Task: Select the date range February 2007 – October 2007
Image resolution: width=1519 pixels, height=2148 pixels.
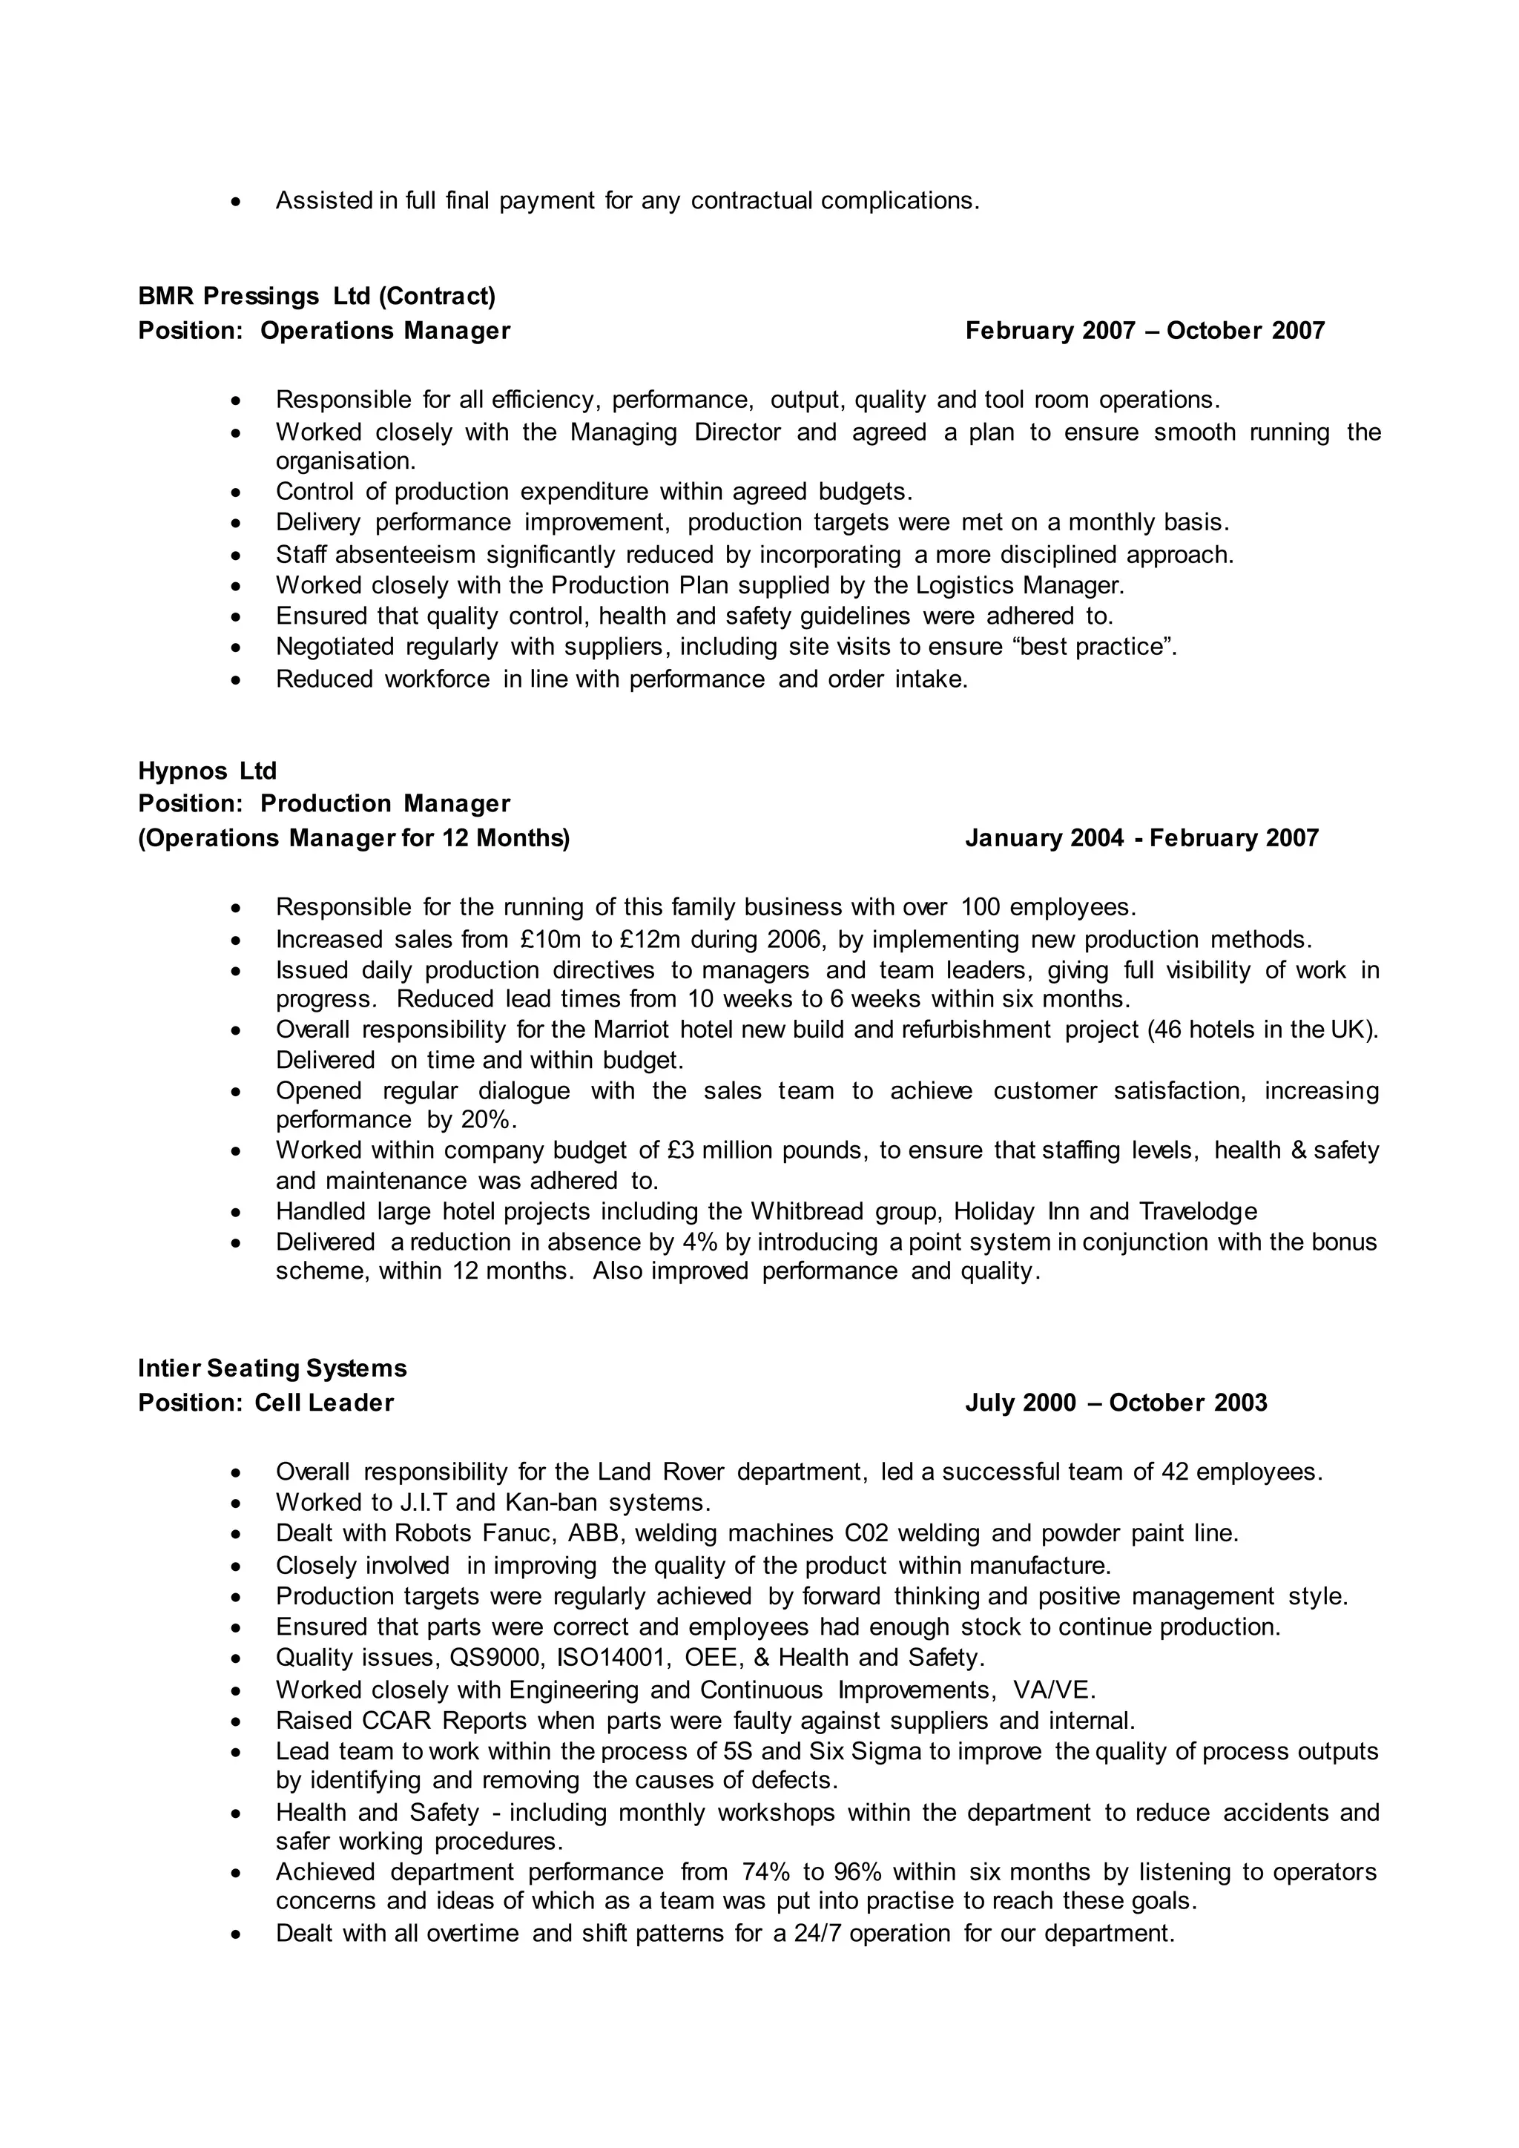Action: pos(1145,332)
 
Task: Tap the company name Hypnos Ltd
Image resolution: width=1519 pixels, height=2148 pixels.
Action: pos(207,771)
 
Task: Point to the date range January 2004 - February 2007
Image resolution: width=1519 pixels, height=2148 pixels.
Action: pos(1141,838)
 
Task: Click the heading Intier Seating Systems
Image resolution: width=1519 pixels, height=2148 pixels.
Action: pos(272,1368)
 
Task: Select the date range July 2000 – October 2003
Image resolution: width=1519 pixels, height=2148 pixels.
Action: pos(1116,1403)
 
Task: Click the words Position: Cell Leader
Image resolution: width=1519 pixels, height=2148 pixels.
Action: pos(266,1403)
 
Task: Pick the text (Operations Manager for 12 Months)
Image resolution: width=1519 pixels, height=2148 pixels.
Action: pos(354,838)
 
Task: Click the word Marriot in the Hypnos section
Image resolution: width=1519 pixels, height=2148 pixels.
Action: pos(631,1030)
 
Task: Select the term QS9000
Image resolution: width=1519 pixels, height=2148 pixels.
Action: pos(495,1658)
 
